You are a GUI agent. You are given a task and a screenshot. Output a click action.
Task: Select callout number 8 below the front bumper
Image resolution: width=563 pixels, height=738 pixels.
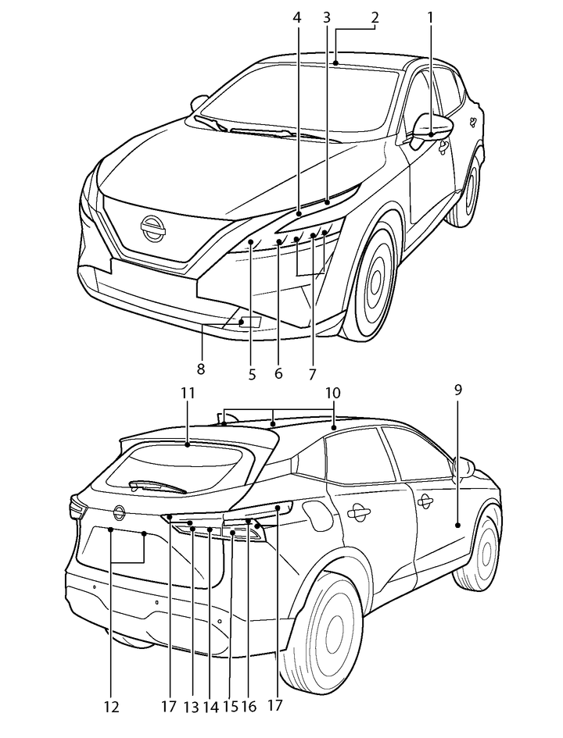pyautogui.click(x=201, y=369)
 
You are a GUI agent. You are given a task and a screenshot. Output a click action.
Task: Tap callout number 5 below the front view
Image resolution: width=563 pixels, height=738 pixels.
pyautogui.click(x=252, y=374)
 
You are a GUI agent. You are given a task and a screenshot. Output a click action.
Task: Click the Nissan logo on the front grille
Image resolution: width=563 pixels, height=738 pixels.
pyautogui.click(x=152, y=227)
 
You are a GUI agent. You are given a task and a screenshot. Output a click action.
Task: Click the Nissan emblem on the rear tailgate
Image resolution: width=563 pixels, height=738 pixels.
pyautogui.click(x=119, y=512)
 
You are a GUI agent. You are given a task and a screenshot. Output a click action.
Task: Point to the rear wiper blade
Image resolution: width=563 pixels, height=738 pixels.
pyautogui.click(x=161, y=485)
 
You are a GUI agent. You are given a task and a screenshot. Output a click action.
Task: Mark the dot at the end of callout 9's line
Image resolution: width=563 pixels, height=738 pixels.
pyautogui.click(x=458, y=526)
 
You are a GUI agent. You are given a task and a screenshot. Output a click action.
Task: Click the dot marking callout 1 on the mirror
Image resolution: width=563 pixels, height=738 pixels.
pyautogui.click(x=431, y=135)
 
